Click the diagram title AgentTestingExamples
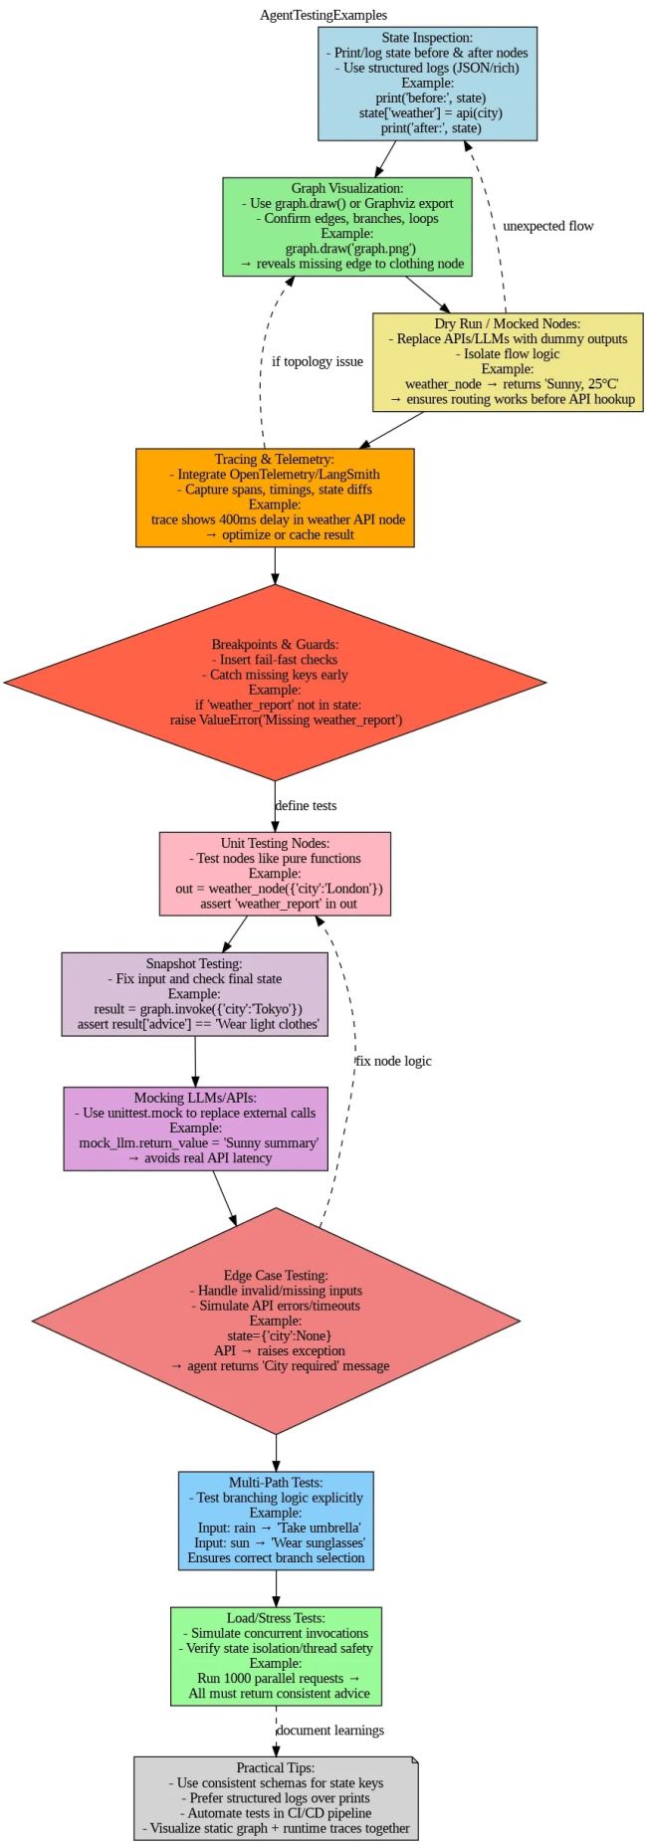pos(323,15)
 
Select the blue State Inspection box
pos(428,84)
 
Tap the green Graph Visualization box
pos(347,226)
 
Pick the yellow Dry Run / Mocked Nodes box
pos(508,361)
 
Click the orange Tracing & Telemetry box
pos(275,497)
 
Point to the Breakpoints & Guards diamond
pos(275,682)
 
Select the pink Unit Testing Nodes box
pos(275,873)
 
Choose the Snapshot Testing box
pos(194,993)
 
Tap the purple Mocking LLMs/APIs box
pos(196,1127)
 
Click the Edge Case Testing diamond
pos(277,1321)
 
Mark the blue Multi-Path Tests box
pos(277,1520)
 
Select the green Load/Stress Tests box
pos(277,1656)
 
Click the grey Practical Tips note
pos(276,1797)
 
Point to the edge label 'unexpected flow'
pos(547,226)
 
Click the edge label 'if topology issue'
pos(318,361)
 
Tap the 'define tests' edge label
pos(306,805)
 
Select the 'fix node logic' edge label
pos(394,1061)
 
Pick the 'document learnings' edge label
pos(329,1730)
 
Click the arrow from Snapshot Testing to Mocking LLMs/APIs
pos(195,1061)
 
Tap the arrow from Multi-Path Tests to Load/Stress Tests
pos(277,1588)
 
